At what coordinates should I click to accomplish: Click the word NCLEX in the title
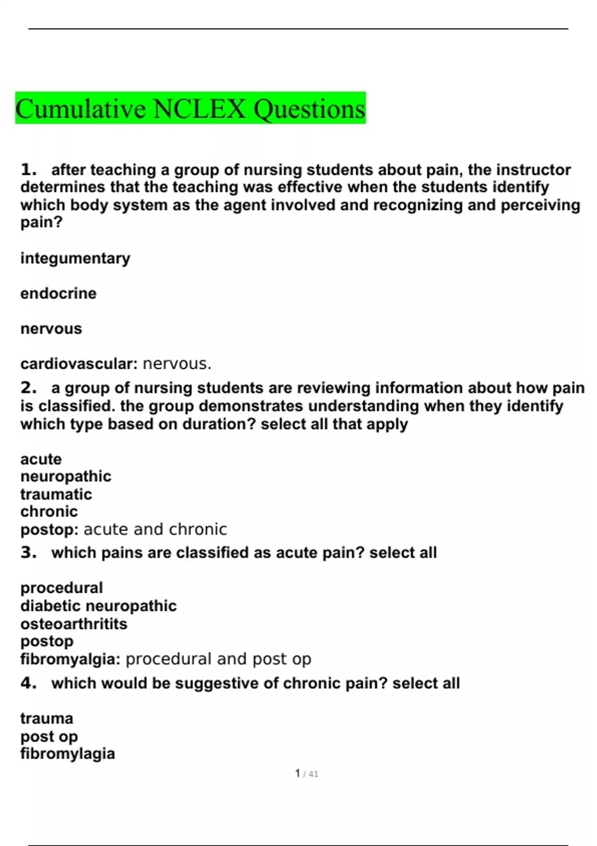199,109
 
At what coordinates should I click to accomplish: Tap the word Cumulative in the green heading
81,109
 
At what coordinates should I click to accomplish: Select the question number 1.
28,170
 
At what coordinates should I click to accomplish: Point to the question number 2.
28,388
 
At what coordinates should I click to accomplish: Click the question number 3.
28,552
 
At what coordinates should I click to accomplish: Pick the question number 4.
28,683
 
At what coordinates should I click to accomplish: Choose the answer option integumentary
75,258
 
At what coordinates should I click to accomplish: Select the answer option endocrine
58,293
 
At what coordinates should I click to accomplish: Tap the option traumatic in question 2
56,494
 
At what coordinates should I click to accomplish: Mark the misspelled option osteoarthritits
74,624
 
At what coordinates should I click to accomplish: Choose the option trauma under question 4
47,718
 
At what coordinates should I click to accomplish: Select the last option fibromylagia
68,753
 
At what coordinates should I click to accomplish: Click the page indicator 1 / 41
306,773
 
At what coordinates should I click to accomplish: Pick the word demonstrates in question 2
251,406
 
